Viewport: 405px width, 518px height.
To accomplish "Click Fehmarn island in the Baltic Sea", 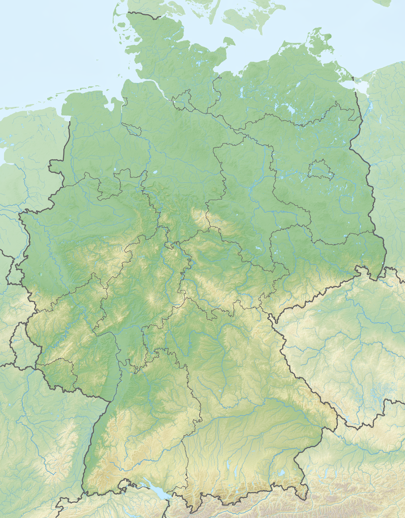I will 229,41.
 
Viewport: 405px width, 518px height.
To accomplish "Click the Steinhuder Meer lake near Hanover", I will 155,172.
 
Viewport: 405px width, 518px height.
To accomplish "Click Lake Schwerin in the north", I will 242,92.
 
